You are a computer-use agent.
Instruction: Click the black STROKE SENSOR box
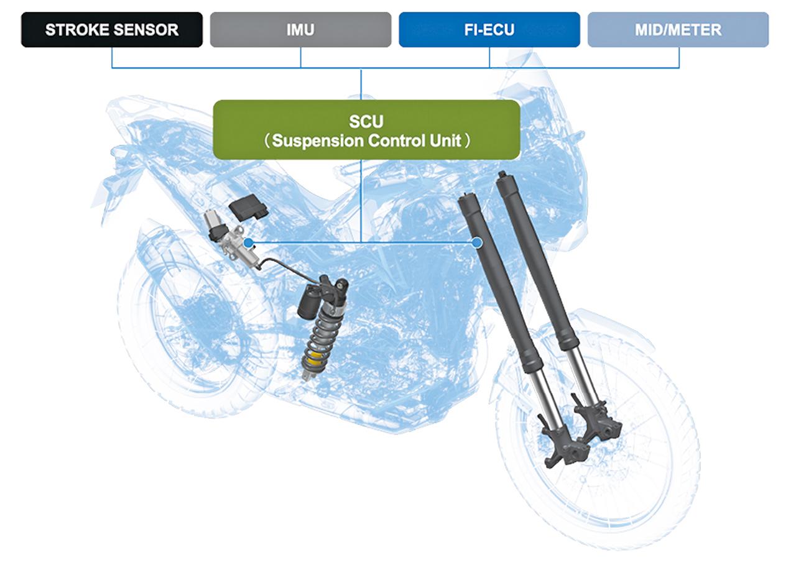click(x=112, y=30)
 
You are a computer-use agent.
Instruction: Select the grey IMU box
click(x=300, y=30)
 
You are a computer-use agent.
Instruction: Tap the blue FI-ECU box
click(x=489, y=30)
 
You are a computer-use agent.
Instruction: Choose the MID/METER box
click(x=678, y=30)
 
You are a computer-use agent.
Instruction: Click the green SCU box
click(x=366, y=129)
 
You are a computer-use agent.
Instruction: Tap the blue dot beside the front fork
click(x=477, y=242)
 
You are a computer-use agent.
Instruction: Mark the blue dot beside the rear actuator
click(x=248, y=242)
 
